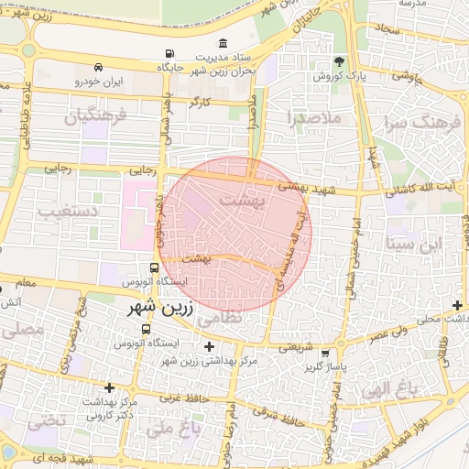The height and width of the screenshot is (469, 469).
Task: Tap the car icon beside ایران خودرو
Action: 98,68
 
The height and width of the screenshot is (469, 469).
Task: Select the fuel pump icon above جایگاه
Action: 168,55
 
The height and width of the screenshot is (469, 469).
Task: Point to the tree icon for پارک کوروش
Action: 340,62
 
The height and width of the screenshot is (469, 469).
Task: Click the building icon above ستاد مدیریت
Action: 224,43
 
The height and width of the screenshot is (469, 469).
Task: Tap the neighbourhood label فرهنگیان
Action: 90,116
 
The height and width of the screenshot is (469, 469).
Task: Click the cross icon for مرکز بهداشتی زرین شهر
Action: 210,346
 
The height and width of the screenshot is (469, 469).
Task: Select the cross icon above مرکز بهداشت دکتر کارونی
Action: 109,387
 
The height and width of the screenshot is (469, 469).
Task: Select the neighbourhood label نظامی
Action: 219,316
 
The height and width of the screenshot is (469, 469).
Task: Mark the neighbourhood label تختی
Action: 45,421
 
